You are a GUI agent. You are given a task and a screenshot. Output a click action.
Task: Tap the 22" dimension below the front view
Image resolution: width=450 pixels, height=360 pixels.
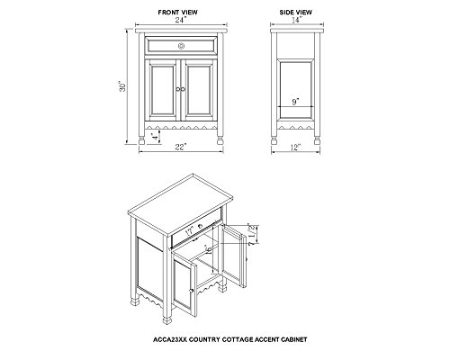click(181, 147)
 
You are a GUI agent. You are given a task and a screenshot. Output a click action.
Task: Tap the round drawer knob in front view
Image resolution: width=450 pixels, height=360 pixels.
click(181, 46)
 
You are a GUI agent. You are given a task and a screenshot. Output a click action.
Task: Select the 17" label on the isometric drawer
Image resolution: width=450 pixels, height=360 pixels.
click(190, 230)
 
